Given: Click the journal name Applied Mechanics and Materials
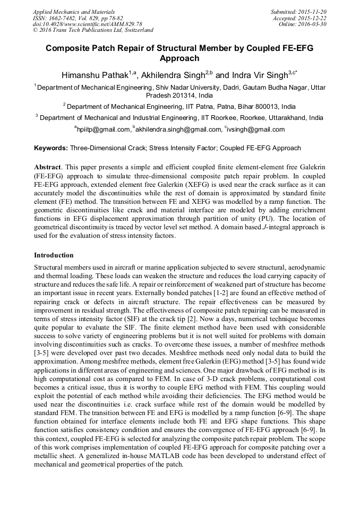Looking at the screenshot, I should (74, 12).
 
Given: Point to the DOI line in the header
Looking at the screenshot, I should (87, 24).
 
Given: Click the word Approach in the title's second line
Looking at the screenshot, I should (179, 58).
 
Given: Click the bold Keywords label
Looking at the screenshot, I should (51, 148).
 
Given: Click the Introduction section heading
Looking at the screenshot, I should (54, 255).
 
